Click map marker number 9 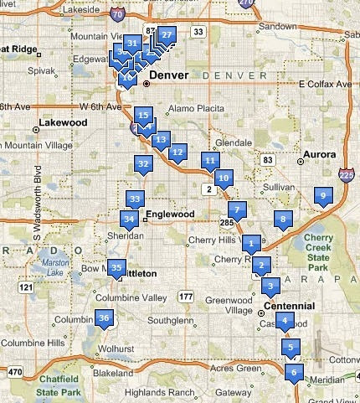(x=322, y=196)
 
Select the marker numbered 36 (x=104, y=318)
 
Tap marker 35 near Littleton (x=116, y=268)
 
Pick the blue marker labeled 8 (x=283, y=220)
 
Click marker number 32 (x=143, y=164)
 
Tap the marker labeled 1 (x=249, y=244)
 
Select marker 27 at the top (x=167, y=35)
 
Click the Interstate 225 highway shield (x=347, y=174)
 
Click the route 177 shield (x=186, y=297)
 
